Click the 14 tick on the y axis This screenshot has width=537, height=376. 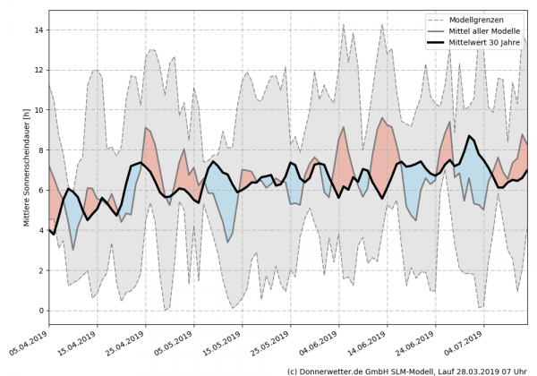tap(38, 30)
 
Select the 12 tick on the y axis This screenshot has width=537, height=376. tap(38, 70)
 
